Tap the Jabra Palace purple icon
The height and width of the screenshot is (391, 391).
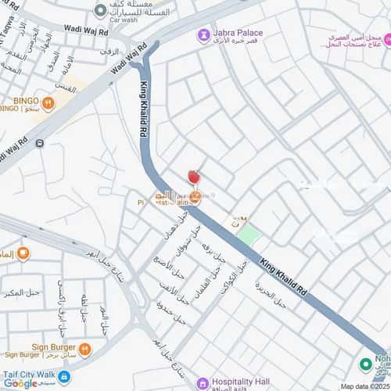click(203, 34)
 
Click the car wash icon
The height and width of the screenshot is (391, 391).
click(99, 11)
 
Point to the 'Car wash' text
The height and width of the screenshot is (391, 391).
click(123, 21)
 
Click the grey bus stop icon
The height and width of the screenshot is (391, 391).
click(40, 145)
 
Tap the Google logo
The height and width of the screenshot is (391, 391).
click(21, 383)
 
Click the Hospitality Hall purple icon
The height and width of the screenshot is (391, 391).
click(202, 382)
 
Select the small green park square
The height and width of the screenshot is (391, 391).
click(248, 233)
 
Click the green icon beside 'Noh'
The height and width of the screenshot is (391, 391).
click(364, 364)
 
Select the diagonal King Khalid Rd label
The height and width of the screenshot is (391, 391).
click(288, 273)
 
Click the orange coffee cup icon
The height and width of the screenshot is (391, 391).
click(23, 253)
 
